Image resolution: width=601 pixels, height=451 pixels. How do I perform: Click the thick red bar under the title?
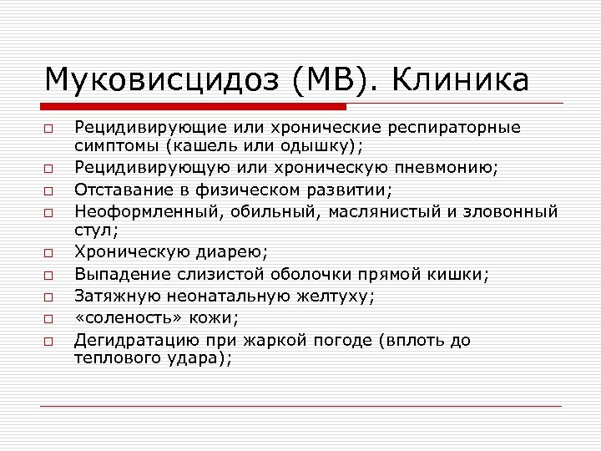point(195,107)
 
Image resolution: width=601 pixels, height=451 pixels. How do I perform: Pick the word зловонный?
point(509,210)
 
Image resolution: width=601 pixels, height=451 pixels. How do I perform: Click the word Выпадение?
point(116,273)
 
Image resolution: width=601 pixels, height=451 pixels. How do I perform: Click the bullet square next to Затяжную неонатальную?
point(49,296)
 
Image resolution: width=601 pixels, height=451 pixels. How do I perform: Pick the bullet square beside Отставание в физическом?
point(49,190)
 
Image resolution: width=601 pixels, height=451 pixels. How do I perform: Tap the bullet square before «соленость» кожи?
point(49,319)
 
